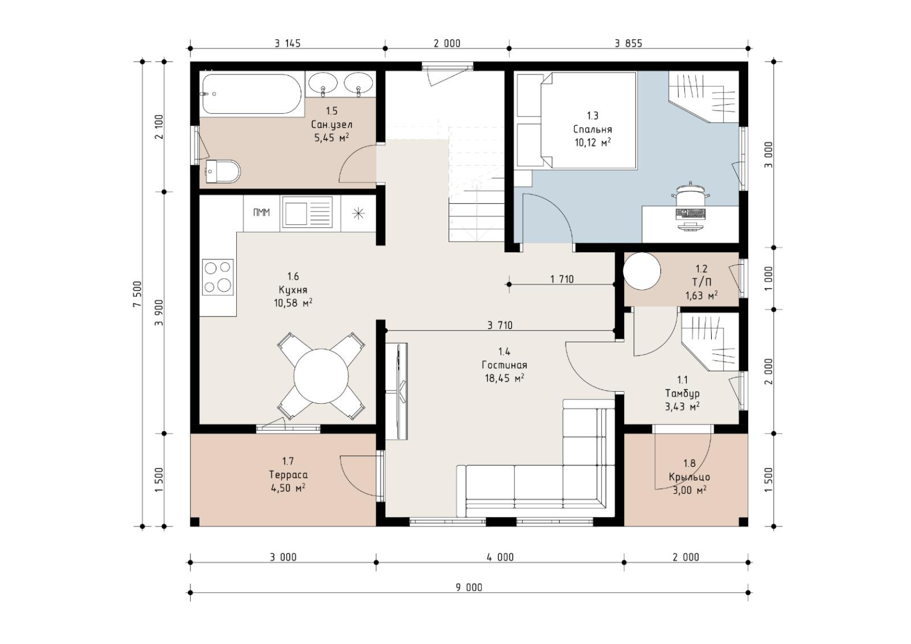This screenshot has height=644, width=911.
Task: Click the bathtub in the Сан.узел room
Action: [252, 94]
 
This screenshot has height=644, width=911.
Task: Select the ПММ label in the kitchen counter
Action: [261, 213]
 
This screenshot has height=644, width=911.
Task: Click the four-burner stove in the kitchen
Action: [218, 277]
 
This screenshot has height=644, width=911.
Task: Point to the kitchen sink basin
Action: [296, 214]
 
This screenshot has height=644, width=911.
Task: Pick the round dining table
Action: [322, 376]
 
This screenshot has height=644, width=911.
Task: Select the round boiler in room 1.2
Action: [642, 271]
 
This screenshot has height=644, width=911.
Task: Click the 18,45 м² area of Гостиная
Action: [504, 379]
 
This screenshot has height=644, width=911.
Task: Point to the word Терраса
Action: [288, 475]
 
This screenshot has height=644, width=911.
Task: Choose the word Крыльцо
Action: [690, 477]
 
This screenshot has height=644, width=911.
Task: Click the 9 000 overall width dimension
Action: [469, 587]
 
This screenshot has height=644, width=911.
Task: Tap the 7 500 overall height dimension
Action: [137, 294]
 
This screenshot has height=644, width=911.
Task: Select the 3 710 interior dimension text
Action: [500, 325]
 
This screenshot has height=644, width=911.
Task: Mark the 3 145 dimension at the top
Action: [288, 44]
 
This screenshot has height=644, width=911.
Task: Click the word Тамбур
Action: [683, 393]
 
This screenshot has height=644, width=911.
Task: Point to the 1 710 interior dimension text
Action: [562, 279]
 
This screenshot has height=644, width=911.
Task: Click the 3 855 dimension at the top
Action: [629, 44]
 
